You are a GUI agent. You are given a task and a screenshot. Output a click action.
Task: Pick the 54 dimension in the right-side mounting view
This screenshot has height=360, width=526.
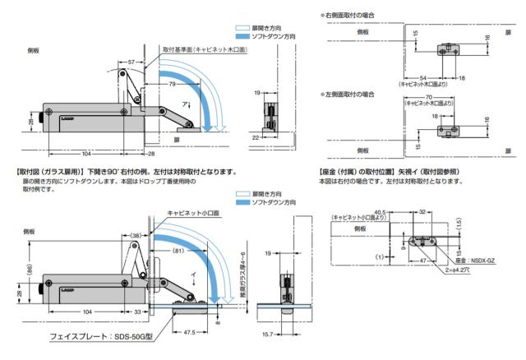pyautogui.click(x=420, y=76)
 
